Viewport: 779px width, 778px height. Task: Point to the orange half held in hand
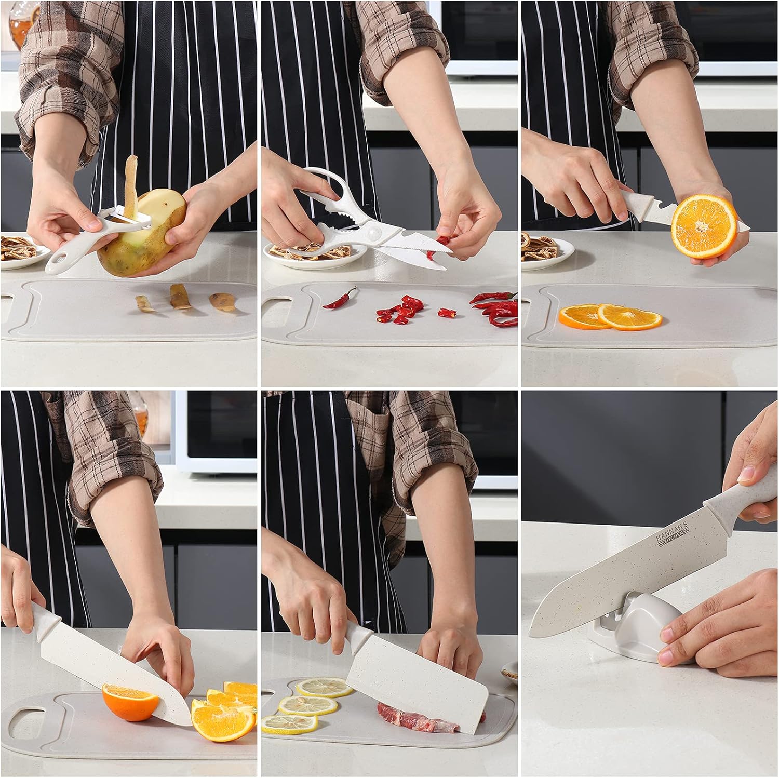(x=704, y=226)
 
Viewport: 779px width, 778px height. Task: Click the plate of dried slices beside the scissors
(x=296, y=253)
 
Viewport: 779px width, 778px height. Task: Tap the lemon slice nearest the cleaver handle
(x=324, y=687)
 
